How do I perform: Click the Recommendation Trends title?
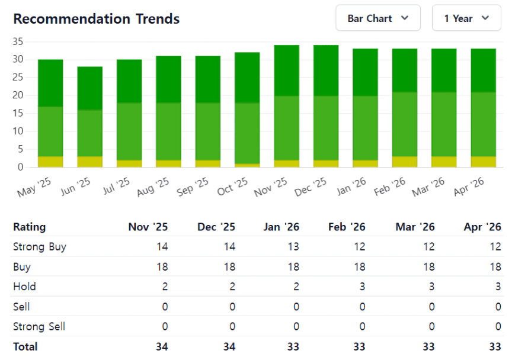(x=96, y=20)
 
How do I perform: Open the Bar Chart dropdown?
(x=377, y=18)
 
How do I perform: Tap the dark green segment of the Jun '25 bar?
(x=89, y=88)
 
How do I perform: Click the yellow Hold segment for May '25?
(x=50, y=162)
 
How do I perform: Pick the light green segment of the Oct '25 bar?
(x=247, y=134)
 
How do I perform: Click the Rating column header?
(x=30, y=227)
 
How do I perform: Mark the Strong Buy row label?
(x=39, y=247)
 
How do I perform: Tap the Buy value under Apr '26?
(x=497, y=267)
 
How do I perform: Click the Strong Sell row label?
(x=39, y=326)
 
